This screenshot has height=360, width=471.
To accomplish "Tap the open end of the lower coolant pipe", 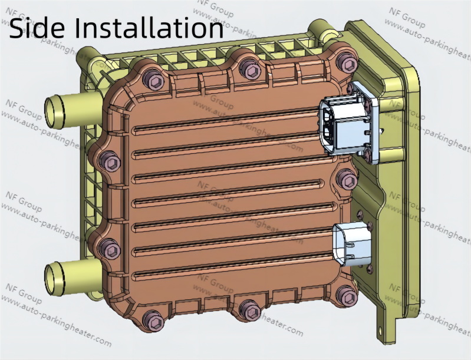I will [52, 275].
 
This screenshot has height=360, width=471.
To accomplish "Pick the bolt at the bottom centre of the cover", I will [249, 310].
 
